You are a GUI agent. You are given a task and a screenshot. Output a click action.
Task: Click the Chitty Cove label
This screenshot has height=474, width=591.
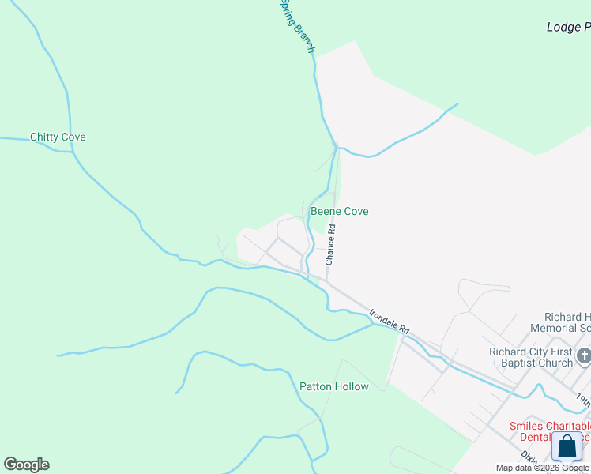click(58, 137)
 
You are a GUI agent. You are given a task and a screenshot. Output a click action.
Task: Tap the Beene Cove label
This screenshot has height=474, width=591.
click(340, 212)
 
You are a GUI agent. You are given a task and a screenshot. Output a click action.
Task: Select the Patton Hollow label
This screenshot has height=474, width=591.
click(334, 386)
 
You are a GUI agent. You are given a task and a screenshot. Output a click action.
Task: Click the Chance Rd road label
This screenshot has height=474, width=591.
click(331, 244)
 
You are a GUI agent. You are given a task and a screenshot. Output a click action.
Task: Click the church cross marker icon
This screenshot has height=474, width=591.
click(584, 357)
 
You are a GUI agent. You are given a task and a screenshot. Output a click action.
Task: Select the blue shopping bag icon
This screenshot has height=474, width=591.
click(567, 446)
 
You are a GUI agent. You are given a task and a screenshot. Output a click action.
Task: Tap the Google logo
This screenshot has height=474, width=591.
click(26, 465)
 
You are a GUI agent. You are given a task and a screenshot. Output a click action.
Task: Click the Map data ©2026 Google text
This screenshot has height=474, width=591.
click(542, 468)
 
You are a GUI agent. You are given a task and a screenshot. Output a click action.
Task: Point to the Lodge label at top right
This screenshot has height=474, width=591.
click(567, 27)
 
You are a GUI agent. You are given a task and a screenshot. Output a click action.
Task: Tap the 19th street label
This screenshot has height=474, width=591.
click(582, 400)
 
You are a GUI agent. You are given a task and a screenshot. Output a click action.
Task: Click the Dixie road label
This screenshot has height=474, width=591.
click(529, 457)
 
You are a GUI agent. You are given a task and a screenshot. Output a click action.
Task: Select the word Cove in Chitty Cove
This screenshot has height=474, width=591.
click(72, 137)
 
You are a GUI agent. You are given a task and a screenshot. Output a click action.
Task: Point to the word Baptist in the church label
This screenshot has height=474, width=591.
click(550, 363)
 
